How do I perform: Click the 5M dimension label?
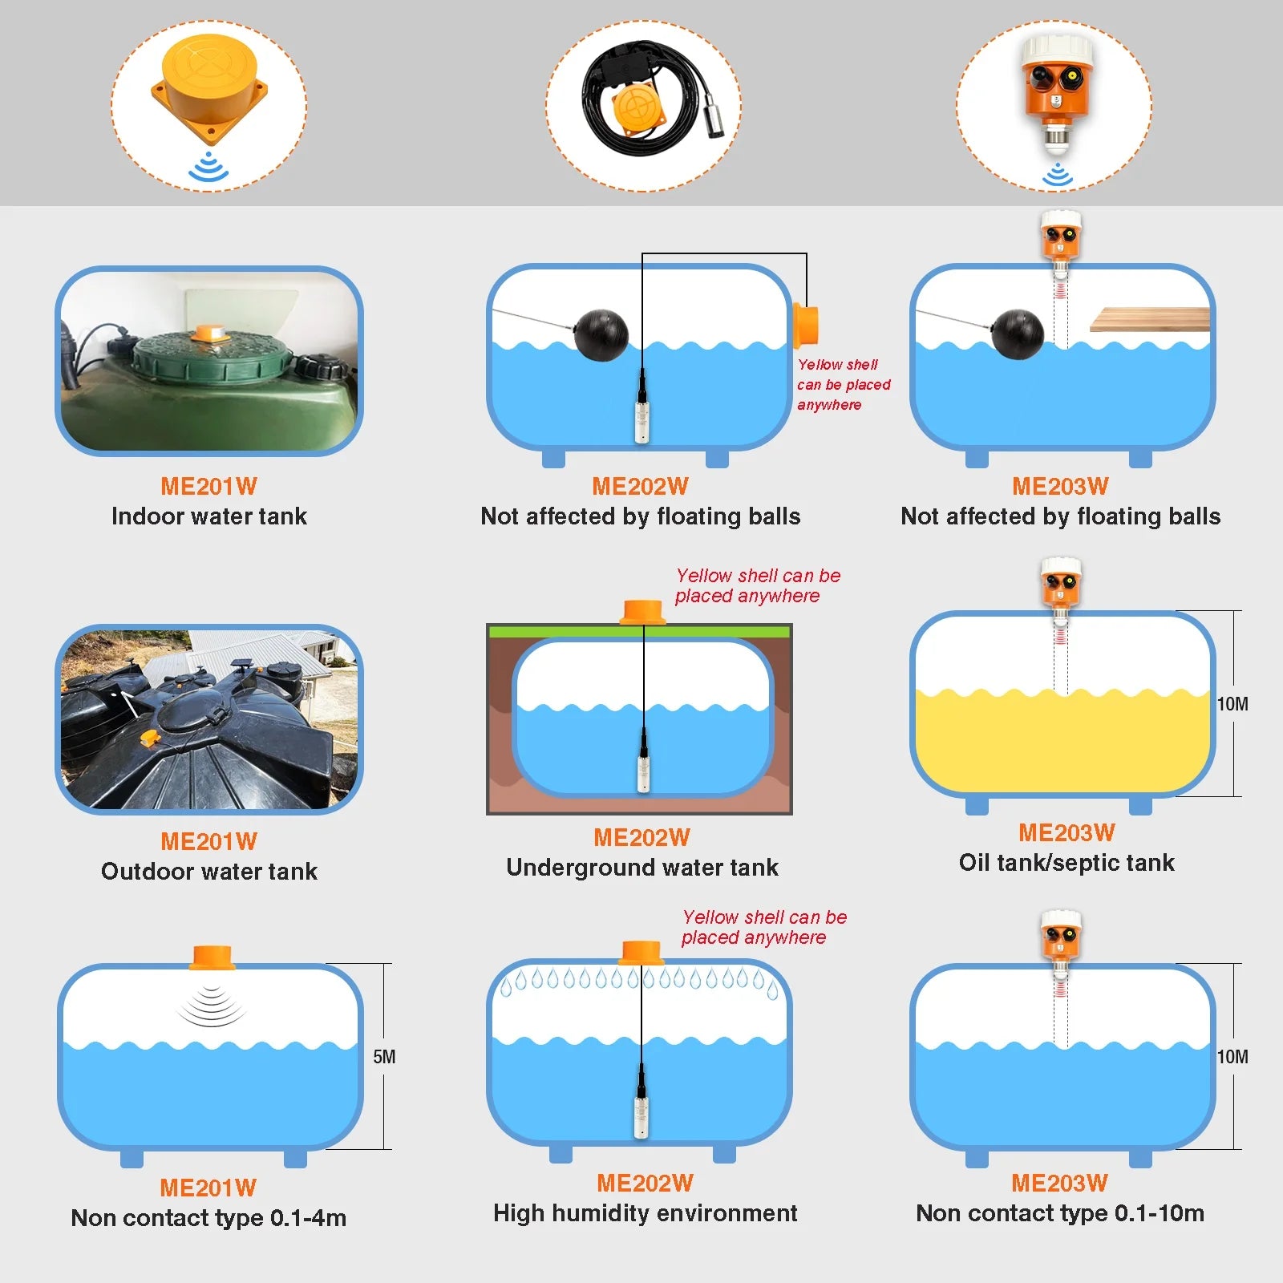coord(384,1057)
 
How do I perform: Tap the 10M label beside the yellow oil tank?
coord(1232,704)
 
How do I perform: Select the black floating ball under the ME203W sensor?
coord(1018,334)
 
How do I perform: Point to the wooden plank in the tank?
coord(1150,319)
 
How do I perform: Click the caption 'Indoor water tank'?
coord(209,516)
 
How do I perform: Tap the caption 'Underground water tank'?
coord(642,868)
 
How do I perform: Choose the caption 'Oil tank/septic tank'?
coord(1066,863)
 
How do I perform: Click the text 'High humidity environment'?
coord(646,1213)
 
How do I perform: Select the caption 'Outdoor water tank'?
coord(209,872)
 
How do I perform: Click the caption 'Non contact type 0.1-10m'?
coord(1060,1213)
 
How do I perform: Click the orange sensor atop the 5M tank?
coord(212,957)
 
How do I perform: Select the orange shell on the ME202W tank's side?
coord(806,326)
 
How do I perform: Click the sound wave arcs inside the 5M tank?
coord(211,1006)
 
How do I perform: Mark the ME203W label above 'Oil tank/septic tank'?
coord(1066,833)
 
